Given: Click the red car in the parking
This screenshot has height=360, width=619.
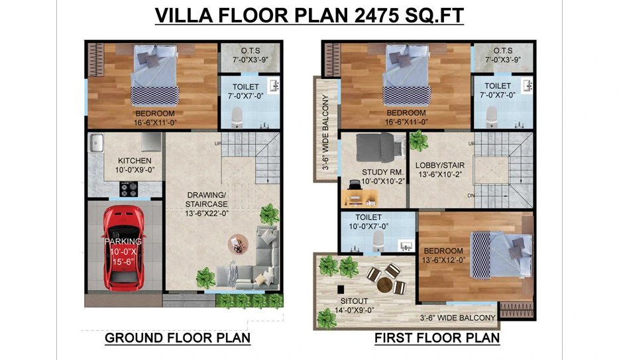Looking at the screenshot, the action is pyautogui.click(x=123, y=249).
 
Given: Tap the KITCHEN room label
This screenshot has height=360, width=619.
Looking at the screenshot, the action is pyautogui.click(x=135, y=160).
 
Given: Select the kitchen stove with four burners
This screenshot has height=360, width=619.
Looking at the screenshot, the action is pyautogui.click(x=129, y=189).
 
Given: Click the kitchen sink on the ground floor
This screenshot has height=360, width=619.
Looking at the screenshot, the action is pyautogui.click(x=96, y=143).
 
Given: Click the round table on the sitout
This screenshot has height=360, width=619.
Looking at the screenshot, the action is pyautogui.click(x=384, y=284).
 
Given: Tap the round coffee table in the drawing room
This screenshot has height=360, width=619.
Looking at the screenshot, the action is pyautogui.click(x=238, y=244).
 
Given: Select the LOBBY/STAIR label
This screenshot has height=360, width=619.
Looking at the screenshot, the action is pyautogui.click(x=440, y=165).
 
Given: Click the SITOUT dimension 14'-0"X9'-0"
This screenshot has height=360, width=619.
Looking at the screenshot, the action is pyautogui.click(x=354, y=310).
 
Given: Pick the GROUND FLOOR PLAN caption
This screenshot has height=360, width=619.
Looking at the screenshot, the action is pyautogui.click(x=178, y=338).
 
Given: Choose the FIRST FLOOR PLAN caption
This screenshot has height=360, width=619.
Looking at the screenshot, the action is pyautogui.click(x=437, y=338).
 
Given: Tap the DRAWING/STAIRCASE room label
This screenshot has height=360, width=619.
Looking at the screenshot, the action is pyautogui.click(x=207, y=200).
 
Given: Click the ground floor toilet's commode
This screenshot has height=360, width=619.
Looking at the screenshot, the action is pyautogui.click(x=237, y=117).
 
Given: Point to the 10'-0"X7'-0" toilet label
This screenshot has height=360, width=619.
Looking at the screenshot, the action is pyautogui.click(x=368, y=227).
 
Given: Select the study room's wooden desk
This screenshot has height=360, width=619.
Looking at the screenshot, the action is pyautogui.click(x=359, y=198).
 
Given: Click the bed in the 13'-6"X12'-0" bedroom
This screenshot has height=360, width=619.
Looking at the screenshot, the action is pyautogui.click(x=501, y=255).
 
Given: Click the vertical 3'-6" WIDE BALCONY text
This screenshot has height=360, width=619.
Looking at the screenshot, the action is pyautogui.click(x=325, y=132).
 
